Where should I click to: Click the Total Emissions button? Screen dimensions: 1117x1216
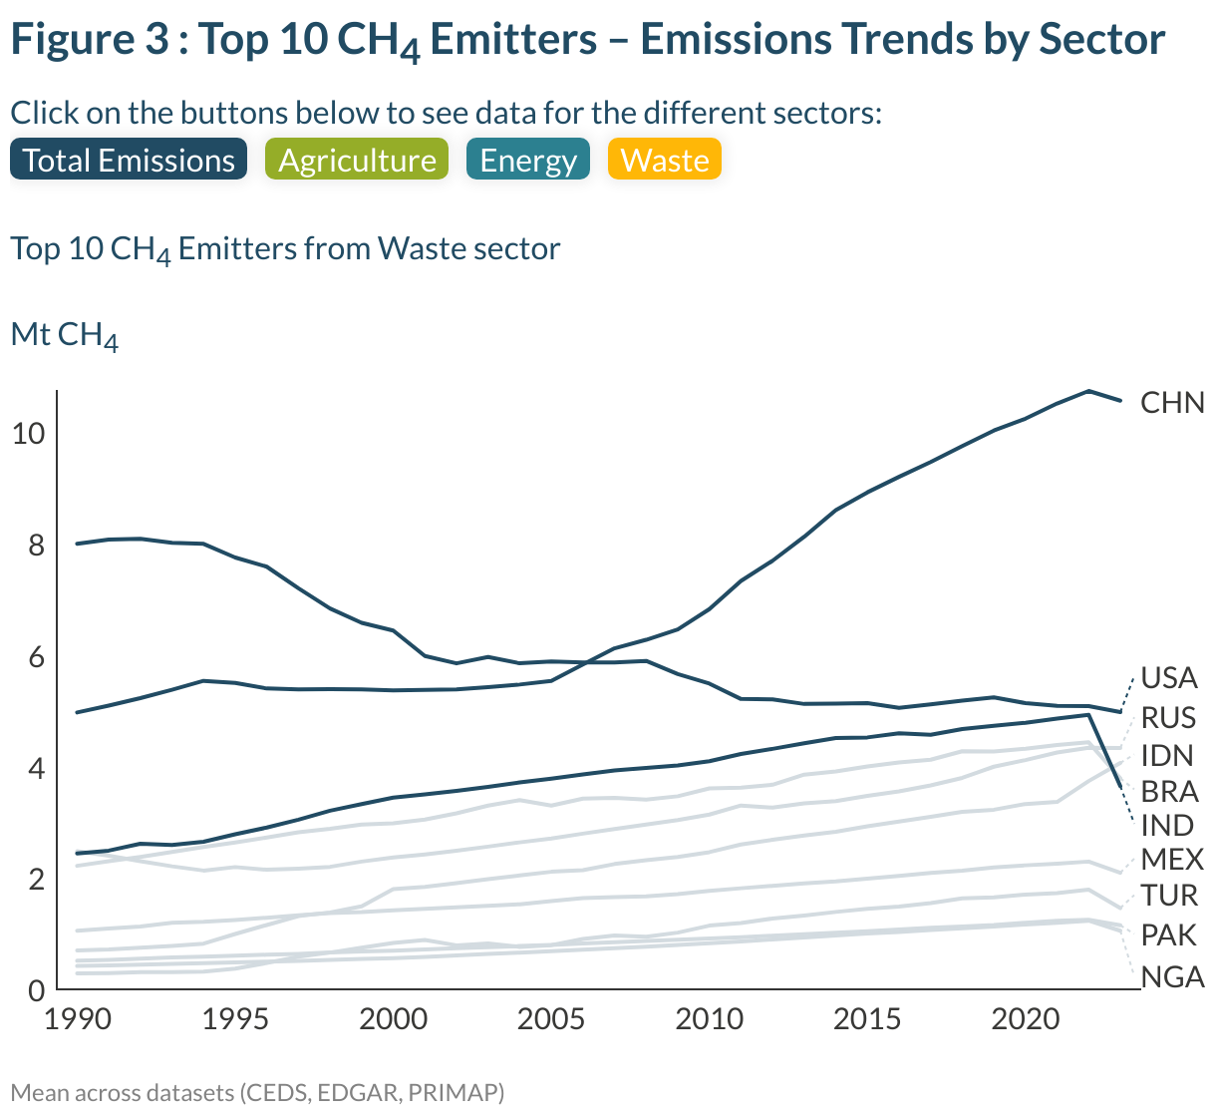tap(128, 161)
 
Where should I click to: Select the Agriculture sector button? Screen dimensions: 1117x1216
tap(357, 161)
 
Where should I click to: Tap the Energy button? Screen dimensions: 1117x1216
tap(527, 161)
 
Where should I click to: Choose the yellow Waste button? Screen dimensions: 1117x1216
tap(664, 161)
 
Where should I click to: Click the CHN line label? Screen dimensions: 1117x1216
tap(1172, 403)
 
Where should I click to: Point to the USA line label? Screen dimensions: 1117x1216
tap(1168, 678)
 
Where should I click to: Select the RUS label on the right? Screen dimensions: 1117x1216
tap(1168, 718)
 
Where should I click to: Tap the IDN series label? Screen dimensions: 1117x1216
tap(1167, 755)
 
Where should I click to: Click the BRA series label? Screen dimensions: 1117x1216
tap(1169, 792)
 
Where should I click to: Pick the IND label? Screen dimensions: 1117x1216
tap(1167, 826)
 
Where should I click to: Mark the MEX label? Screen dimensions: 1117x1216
tap(1172, 860)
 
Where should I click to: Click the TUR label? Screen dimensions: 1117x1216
tap(1169, 896)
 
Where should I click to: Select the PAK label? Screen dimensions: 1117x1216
tap(1168, 935)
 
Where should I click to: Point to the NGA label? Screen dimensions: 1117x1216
tap(1172, 977)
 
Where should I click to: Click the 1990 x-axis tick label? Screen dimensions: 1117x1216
tap(78, 1019)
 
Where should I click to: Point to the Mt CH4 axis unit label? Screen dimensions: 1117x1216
tap(64, 335)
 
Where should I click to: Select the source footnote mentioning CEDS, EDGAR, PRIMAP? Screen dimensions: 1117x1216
tap(257, 1093)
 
